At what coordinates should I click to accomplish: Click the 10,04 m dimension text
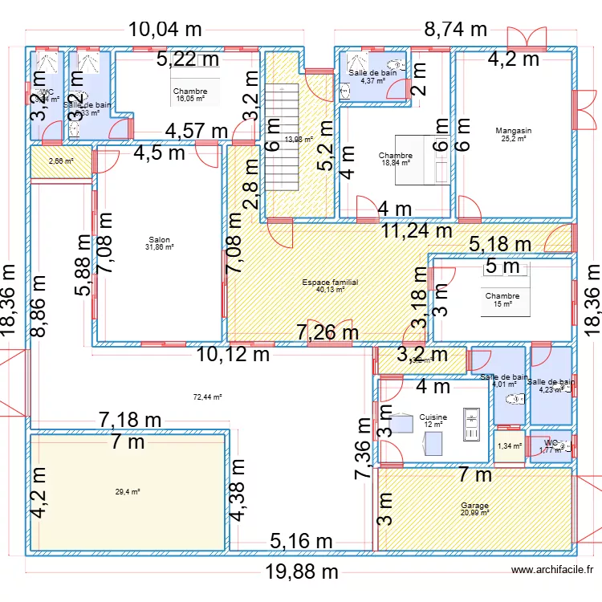(x=165, y=30)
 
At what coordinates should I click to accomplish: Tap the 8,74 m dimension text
(x=455, y=30)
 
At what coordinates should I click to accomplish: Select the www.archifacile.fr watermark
(x=553, y=570)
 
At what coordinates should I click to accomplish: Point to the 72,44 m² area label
(x=207, y=397)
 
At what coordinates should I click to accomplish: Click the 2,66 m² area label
(x=61, y=161)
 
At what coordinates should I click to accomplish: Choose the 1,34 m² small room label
(x=509, y=446)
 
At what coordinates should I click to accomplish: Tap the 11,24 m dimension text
(x=417, y=231)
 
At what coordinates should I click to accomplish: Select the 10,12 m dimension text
(x=232, y=354)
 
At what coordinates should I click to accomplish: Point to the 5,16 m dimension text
(x=301, y=543)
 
